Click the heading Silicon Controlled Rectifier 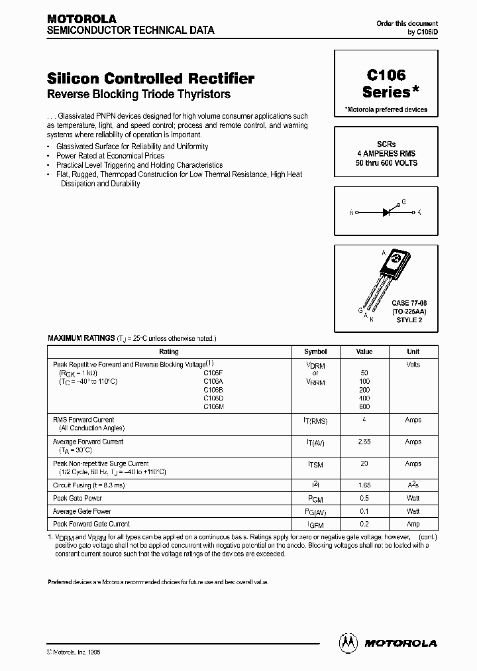(x=151, y=78)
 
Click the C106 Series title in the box (x=385, y=84)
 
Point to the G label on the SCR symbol (x=403, y=200)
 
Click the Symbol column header (x=315, y=352)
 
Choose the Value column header (x=364, y=352)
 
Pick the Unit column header (x=413, y=352)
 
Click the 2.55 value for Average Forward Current (x=364, y=442)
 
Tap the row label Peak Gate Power (x=78, y=498)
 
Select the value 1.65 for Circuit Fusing (x=364, y=485)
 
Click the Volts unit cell (x=413, y=365)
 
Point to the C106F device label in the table (x=213, y=373)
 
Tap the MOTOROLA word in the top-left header (x=81, y=19)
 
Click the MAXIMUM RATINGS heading (x=81, y=338)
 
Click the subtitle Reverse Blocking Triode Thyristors (x=139, y=95)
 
